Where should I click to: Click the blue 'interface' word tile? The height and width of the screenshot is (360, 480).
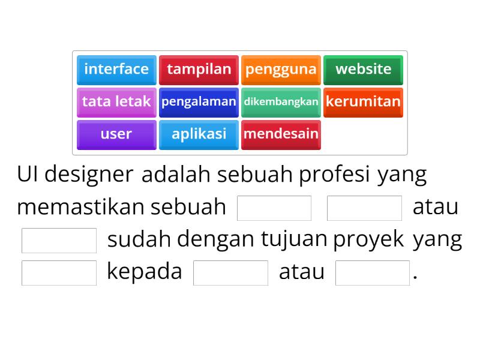point(116,69)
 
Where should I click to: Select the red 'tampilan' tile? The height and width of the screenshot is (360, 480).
point(199,69)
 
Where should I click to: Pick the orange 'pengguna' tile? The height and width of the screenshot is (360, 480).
point(281,69)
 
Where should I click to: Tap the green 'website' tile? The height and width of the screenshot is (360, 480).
point(363,69)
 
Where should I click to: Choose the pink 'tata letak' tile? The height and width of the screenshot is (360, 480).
point(116,101)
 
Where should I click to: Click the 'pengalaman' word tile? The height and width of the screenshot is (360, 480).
point(199,101)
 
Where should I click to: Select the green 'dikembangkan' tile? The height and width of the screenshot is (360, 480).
point(281,101)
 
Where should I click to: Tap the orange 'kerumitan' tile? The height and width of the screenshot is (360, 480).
point(363,101)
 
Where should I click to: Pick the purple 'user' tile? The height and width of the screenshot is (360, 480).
point(116,134)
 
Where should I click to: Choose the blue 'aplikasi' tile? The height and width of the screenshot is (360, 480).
point(199,134)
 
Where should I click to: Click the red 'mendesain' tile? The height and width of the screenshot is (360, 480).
point(281,134)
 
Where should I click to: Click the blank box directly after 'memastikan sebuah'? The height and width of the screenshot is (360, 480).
point(275,208)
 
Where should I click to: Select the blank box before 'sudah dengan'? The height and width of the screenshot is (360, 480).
point(59,240)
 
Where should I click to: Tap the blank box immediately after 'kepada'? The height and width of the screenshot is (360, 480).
point(231,272)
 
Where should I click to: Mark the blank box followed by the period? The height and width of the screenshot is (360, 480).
point(373,272)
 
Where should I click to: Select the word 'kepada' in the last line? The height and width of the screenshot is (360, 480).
point(144,272)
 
